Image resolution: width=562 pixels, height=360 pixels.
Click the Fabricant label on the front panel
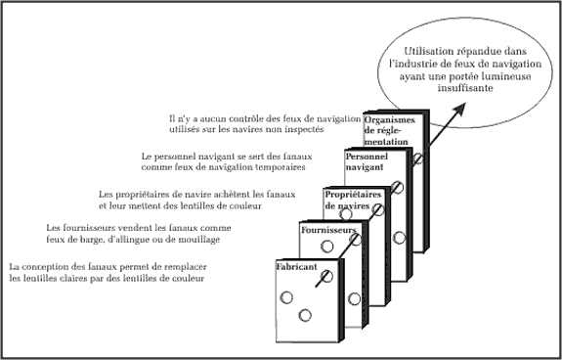296,267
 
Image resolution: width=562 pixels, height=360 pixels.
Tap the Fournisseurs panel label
328,230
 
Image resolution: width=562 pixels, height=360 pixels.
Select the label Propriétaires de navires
353,201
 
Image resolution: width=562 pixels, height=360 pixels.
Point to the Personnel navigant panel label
367,161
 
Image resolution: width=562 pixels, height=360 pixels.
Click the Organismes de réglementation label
389,130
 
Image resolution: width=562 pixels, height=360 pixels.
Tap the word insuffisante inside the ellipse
465,88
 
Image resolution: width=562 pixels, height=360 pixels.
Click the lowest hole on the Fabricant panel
305,316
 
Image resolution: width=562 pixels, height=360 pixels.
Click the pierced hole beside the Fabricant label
326,276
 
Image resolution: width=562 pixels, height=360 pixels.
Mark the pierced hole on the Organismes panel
417,158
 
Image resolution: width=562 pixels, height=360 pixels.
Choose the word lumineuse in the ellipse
509,76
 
